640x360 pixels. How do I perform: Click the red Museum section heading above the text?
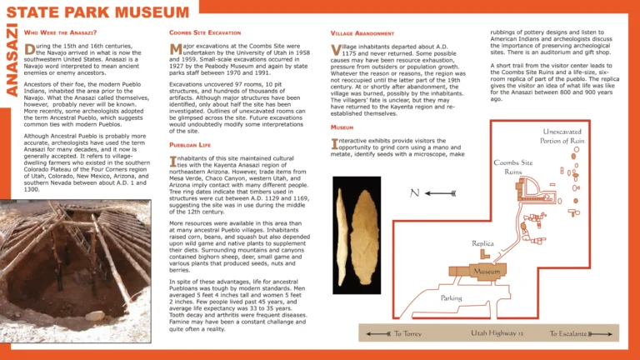tap(342, 127)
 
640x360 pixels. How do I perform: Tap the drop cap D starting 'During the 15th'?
tap(30, 51)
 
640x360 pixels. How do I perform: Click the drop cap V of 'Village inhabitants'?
tap(336, 50)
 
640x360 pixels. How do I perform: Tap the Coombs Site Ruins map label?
tap(513, 167)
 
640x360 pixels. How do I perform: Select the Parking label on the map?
tap(451, 297)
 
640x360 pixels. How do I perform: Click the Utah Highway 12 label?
tap(496, 334)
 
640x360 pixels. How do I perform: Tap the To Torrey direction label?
tap(407, 334)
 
